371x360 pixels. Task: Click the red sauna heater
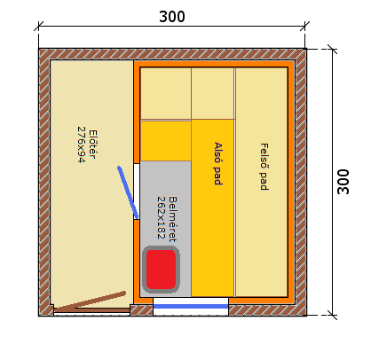point(161,270)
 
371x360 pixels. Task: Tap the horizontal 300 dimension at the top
point(172,17)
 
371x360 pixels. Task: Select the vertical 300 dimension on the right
point(343,182)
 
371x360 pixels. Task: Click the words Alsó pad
point(218,163)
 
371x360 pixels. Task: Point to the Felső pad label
point(264,167)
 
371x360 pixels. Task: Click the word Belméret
point(172,219)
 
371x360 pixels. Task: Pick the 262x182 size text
point(161,217)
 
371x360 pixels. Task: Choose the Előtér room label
point(92,145)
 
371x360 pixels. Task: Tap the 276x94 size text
point(81,145)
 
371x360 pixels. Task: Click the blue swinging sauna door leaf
point(128,192)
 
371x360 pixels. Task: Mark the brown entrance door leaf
point(90,301)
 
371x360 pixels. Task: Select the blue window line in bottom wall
point(191,307)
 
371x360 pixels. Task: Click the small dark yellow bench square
point(166,141)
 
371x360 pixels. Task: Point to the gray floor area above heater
point(166,202)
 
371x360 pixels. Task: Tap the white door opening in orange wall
point(137,192)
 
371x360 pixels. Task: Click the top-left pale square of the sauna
point(166,94)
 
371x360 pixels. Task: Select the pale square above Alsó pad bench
point(213,94)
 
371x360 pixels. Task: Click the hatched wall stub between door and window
point(141,310)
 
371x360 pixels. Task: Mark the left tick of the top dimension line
point(38,26)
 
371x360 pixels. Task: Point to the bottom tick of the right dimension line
point(333,315)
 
